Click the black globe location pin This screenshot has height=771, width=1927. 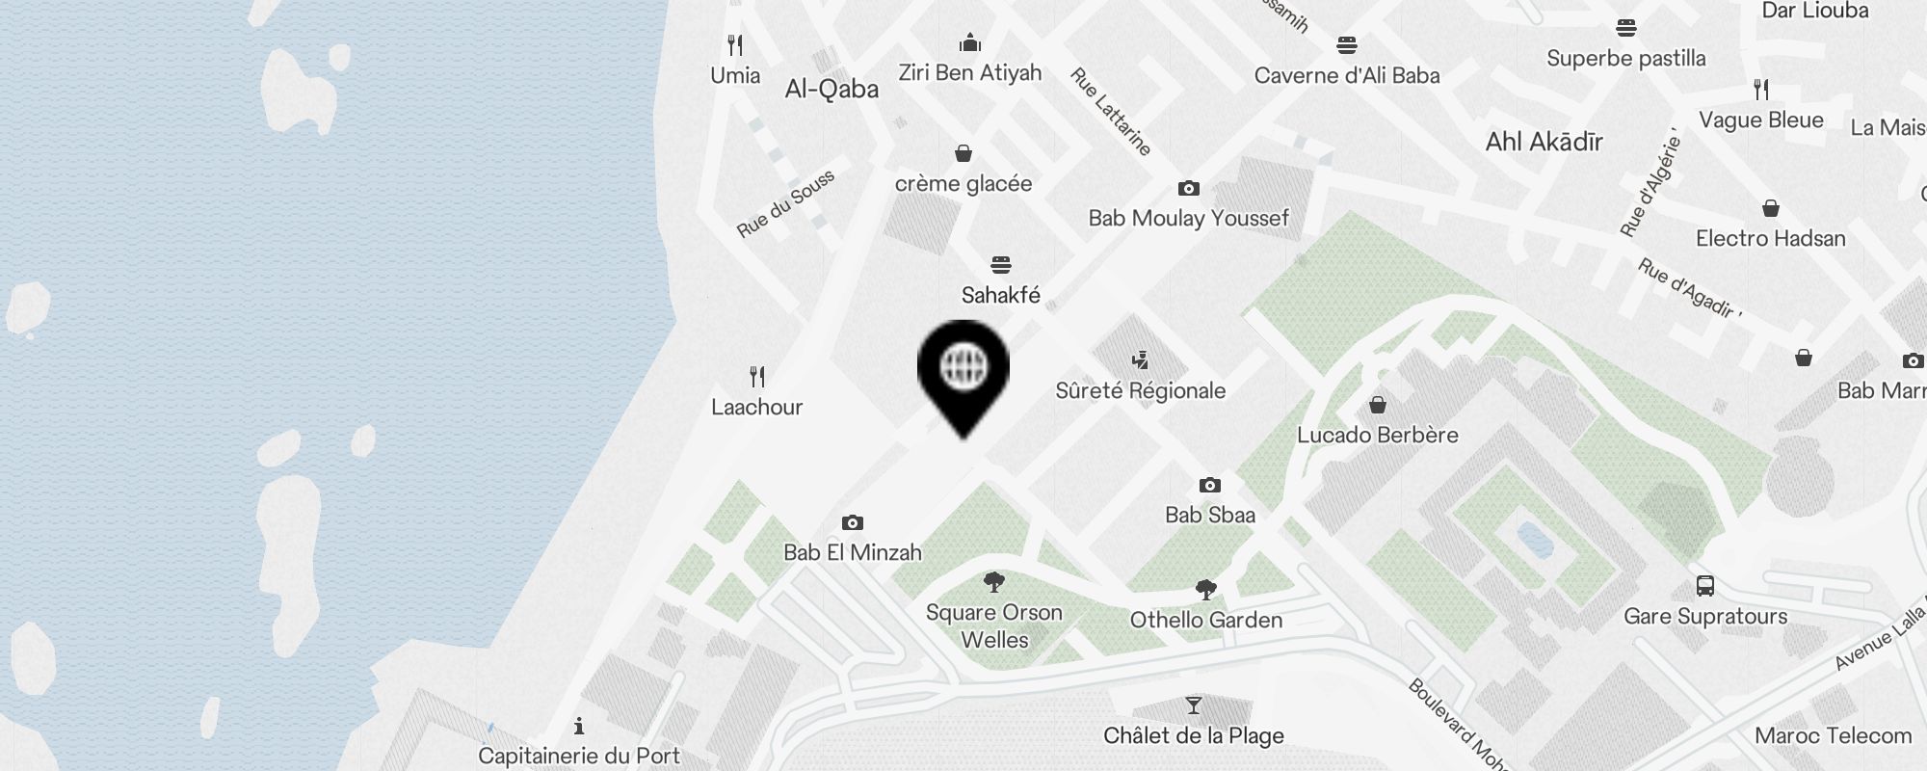pyautogui.click(x=963, y=371)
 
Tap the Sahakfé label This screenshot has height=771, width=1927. pyautogui.click(x=1001, y=295)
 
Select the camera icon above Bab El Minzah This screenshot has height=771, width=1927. pyautogui.click(x=853, y=523)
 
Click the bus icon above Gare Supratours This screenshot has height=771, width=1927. pyautogui.click(x=1705, y=586)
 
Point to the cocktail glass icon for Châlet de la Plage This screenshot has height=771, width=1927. pyautogui.click(x=1194, y=706)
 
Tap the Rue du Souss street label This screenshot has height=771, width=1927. pyautogui.click(x=785, y=204)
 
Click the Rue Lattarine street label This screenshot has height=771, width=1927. pyautogui.click(x=1111, y=112)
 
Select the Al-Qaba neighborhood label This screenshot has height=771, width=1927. pyautogui.click(x=832, y=90)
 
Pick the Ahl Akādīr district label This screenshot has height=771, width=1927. pyautogui.click(x=1544, y=142)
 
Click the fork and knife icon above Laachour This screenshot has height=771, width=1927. pyautogui.click(x=757, y=377)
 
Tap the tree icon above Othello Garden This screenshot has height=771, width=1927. pyautogui.click(x=1205, y=589)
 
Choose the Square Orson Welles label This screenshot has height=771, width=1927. pyautogui.click(x=994, y=626)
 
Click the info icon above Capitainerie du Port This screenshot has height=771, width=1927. pyautogui.click(x=579, y=726)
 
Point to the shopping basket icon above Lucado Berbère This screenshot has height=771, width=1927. pyautogui.click(x=1378, y=404)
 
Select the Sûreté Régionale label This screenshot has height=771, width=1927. pyautogui.click(x=1141, y=391)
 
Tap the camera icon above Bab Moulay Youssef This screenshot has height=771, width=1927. pyautogui.click(x=1189, y=189)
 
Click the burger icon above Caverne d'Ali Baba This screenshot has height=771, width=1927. pyautogui.click(x=1347, y=45)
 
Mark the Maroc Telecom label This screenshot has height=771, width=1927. pyautogui.click(x=1833, y=736)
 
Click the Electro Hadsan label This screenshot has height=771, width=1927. pyautogui.click(x=1771, y=239)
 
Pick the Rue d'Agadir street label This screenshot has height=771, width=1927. pyautogui.click(x=1689, y=288)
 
